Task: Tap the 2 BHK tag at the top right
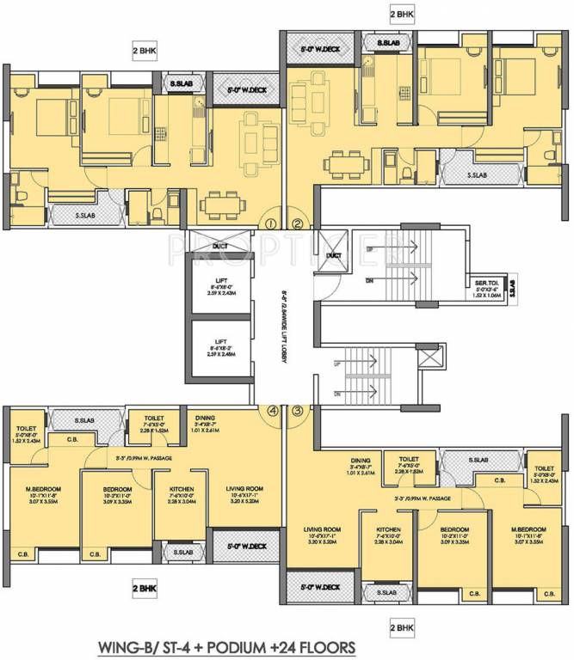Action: pyautogui.click(x=404, y=15)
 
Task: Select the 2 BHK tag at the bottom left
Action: pyautogui.click(x=145, y=590)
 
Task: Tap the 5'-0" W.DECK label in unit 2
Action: pyautogui.click(x=321, y=49)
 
